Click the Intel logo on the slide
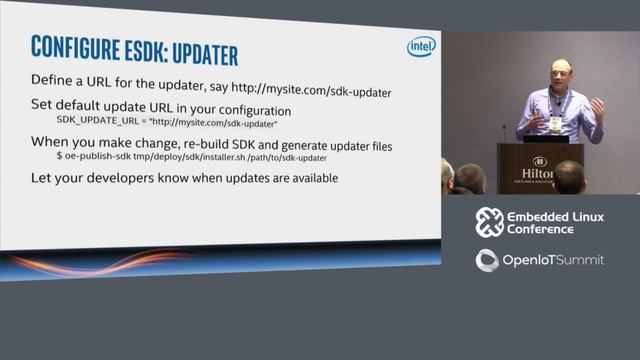click(421, 47)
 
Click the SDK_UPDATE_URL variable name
click(96, 122)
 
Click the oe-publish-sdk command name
click(100, 158)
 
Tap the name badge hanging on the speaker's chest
click(556, 123)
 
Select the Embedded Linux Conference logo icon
click(489, 222)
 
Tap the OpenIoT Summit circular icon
click(488, 260)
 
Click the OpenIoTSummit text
click(553, 260)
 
